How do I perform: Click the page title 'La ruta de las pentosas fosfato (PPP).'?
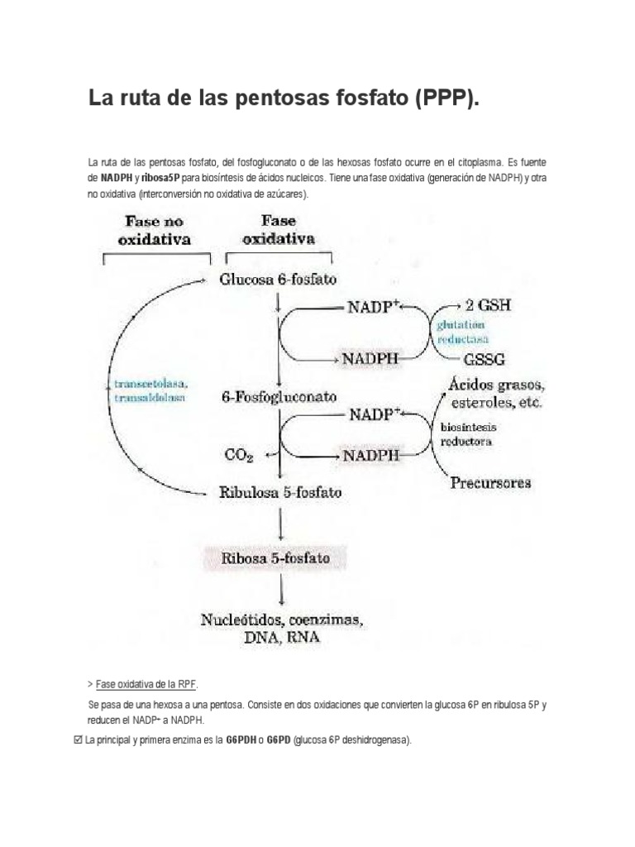pyautogui.click(x=284, y=100)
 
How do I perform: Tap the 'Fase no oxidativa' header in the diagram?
pyautogui.click(x=154, y=231)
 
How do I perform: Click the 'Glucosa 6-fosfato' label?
pyautogui.click(x=278, y=280)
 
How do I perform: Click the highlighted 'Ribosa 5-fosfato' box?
pyautogui.click(x=275, y=558)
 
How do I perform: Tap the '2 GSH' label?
pyautogui.click(x=488, y=304)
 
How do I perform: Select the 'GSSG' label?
pyautogui.click(x=486, y=360)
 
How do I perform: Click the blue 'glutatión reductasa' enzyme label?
pyautogui.click(x=462, y=332)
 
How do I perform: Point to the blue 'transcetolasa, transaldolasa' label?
pyautogui.click(x=151, y=390)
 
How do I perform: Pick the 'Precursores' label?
pyautogui.click(x=491, y=483)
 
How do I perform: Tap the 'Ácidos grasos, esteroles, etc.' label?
pyautogui.click(x=495, y=393)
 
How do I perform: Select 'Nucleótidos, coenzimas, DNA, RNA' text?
pyautogui.click(x=283, y=629)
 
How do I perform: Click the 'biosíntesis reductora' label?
pyautogui.click(x=466, y=433)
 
